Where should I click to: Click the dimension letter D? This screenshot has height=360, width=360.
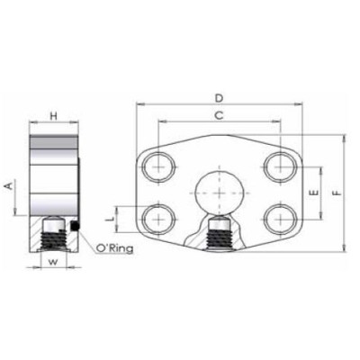(219, 96)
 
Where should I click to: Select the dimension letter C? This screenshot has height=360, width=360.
(219, 115)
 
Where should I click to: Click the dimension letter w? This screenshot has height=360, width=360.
(53, 263)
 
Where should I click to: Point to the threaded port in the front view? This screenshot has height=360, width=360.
(219, 236)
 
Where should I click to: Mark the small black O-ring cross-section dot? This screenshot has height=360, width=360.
(77, 224)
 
